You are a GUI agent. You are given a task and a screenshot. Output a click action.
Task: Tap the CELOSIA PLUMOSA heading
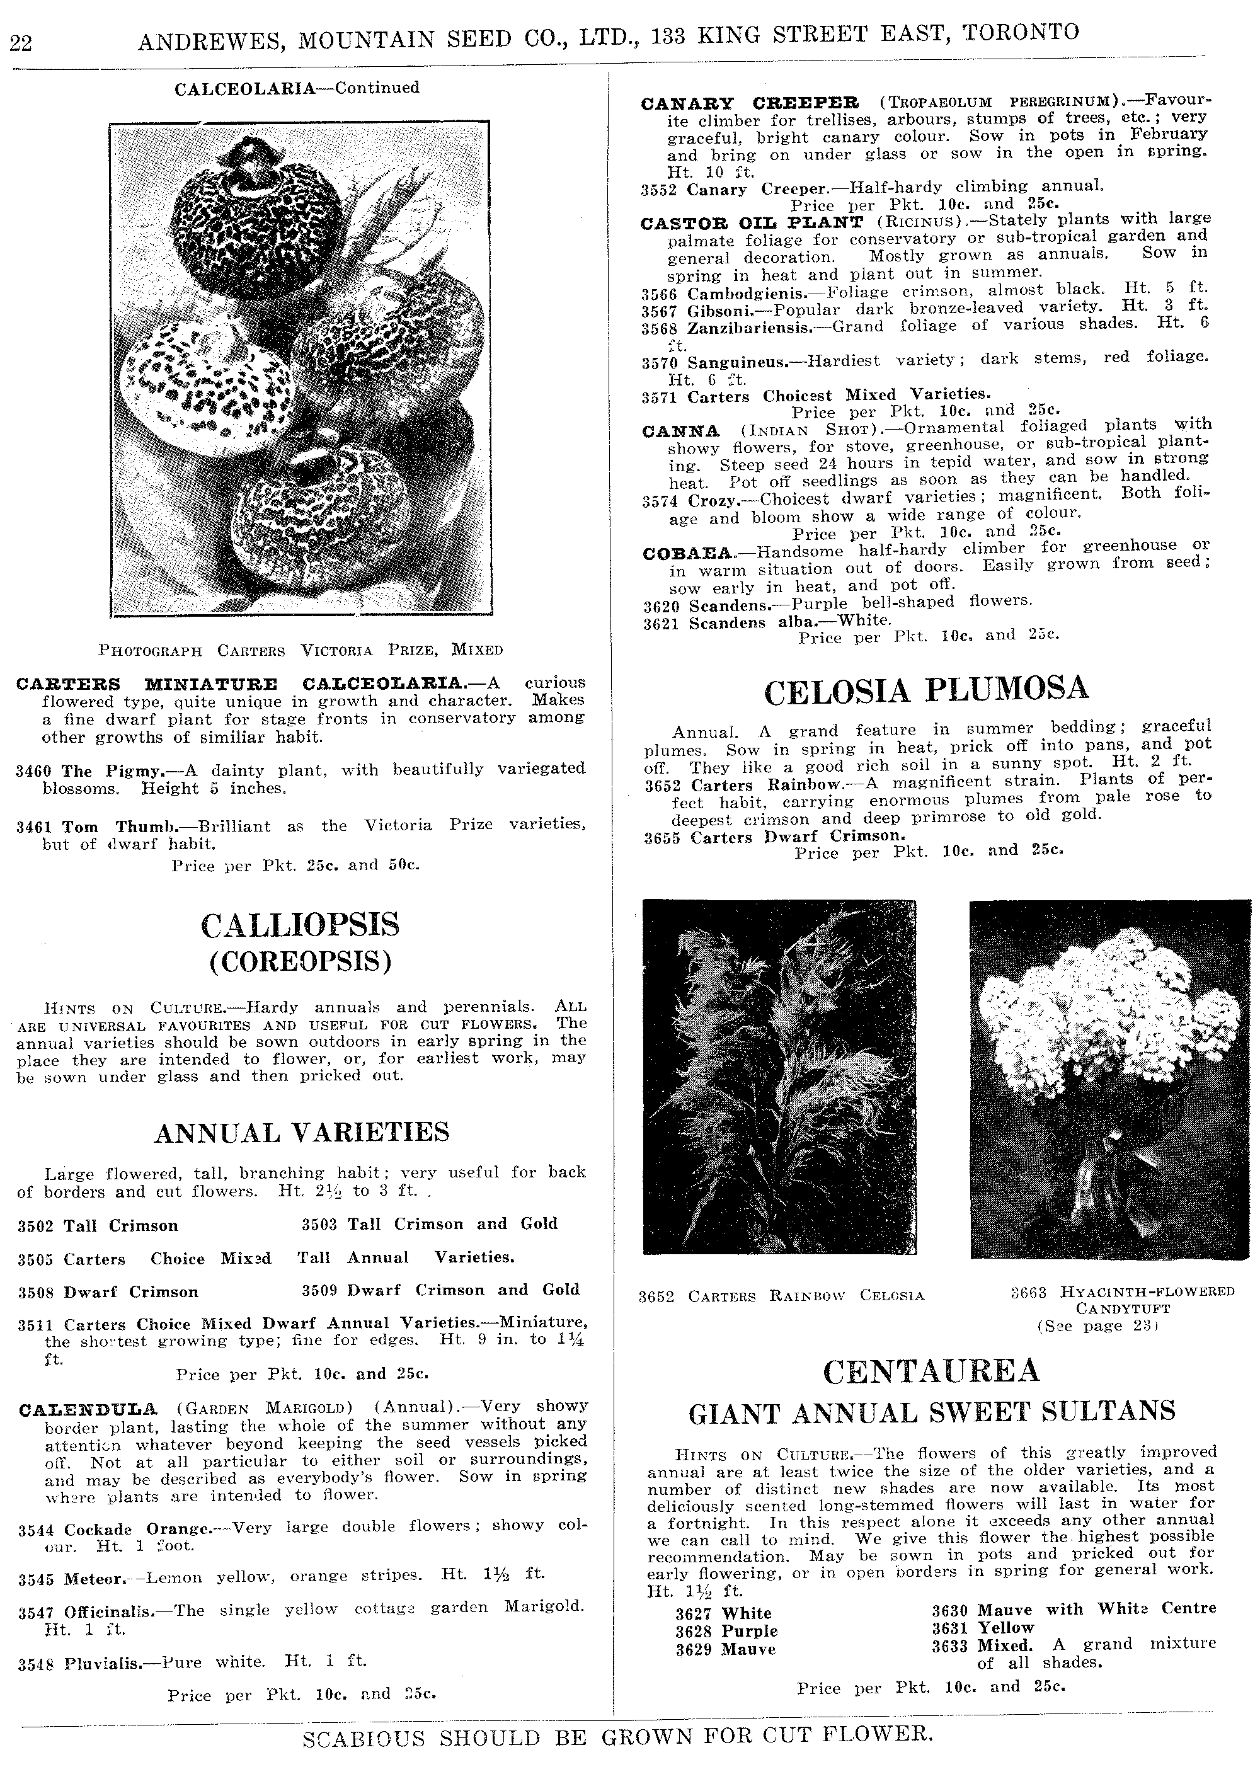925,690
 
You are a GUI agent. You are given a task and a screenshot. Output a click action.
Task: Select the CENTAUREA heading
931,1371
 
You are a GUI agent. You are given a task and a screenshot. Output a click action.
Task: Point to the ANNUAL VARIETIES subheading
302,1133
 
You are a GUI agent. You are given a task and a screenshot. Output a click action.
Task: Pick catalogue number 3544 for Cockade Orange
38,1529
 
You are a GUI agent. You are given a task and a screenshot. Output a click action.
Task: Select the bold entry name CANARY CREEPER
750,103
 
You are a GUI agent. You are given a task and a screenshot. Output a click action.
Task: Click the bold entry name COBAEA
688,552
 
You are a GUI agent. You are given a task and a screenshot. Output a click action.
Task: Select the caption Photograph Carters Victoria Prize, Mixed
301,649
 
